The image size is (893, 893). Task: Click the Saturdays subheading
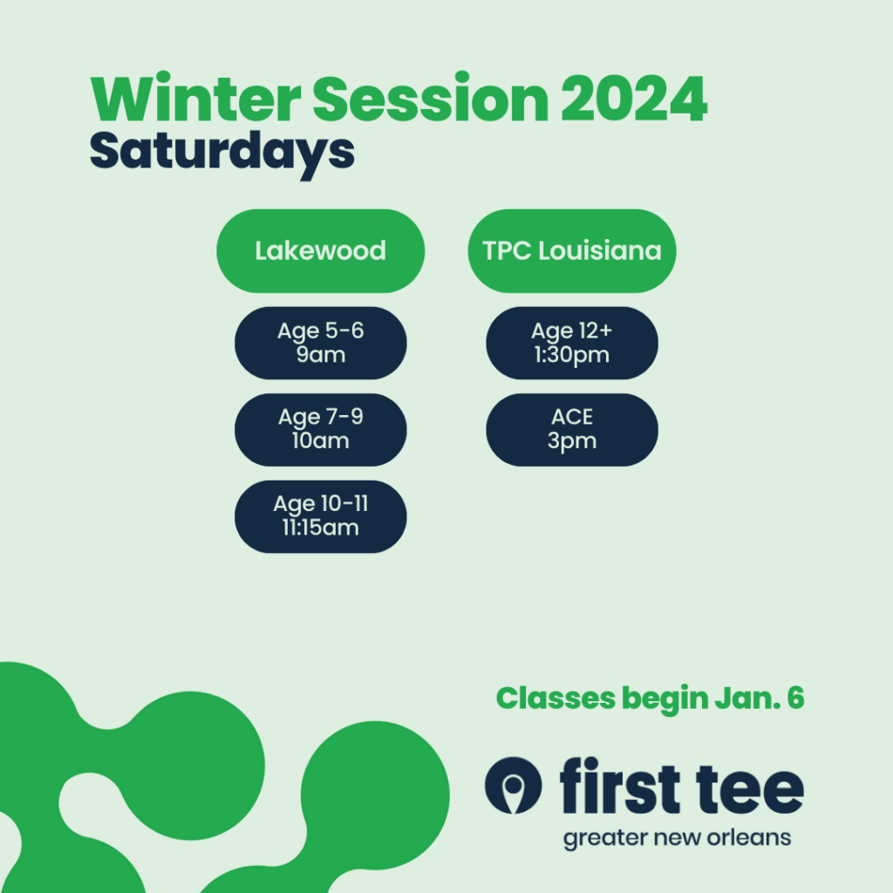pos(222,151)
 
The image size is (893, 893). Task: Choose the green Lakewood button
pos(320,251)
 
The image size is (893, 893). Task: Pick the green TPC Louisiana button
pos(572,251)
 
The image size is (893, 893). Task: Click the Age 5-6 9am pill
pos(320,343)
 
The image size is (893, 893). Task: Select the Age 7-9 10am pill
pos(320,429)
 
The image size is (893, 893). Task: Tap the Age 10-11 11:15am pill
pos(320,516)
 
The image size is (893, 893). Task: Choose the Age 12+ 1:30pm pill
pos(572,343)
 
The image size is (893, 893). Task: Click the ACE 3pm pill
pos(572,429)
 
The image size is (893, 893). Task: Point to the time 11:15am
pos(320,528)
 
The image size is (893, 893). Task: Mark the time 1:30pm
pos(572,355)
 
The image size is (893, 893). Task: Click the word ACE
pos(572,418)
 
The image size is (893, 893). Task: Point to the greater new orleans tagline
pos(677,839)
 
